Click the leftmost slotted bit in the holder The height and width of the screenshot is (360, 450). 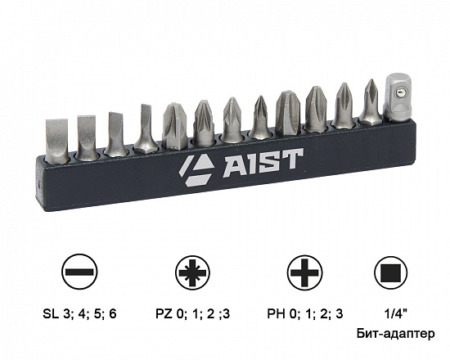(56, 140)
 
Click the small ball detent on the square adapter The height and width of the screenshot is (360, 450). (398, 92)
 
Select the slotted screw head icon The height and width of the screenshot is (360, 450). (79, 272)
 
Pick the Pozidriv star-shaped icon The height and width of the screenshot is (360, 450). (192, 272)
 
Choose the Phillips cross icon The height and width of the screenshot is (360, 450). (304, 272)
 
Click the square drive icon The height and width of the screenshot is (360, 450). (390, 272)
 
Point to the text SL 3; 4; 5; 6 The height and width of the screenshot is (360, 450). (79, 314)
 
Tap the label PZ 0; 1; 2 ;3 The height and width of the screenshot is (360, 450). (192, 314)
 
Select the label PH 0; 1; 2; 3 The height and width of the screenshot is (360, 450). (305, 314)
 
